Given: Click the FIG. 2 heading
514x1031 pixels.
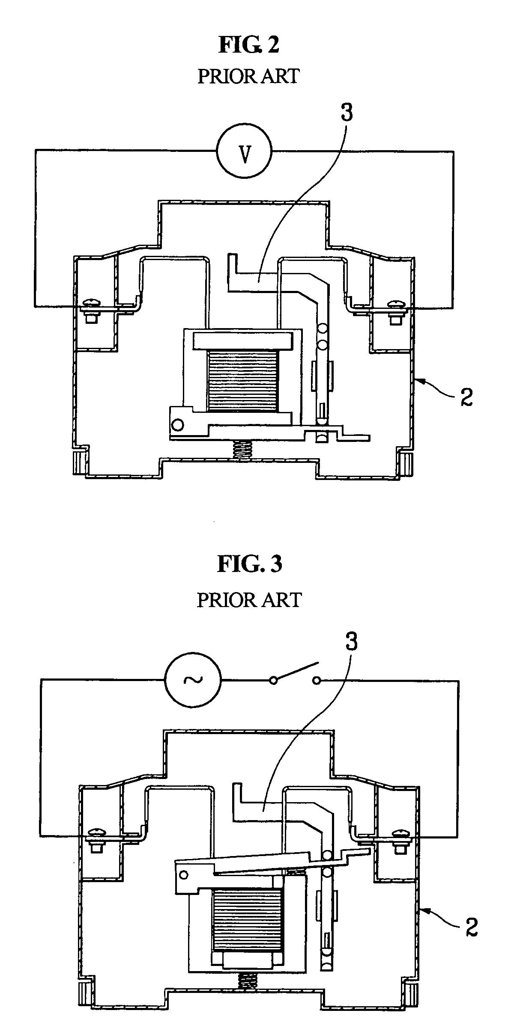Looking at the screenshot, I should coord(248,45).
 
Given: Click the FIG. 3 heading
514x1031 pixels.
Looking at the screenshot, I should coord(250,564).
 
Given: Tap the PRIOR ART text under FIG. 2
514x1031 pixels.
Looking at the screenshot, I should coord(248,76).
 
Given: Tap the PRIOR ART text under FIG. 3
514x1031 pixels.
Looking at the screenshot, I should coord(249,600).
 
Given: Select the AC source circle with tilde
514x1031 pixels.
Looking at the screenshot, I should coord(193,680).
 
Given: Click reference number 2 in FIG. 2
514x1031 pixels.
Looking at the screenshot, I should coord(466,397).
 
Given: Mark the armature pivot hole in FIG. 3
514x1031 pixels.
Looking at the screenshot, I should coord(183,863).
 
